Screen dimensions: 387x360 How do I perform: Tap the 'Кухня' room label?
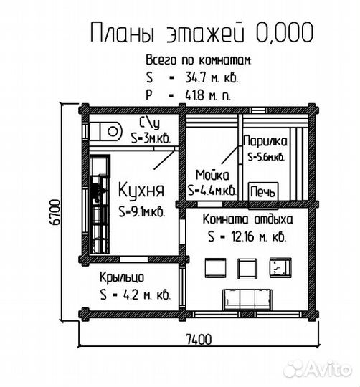point(141,190)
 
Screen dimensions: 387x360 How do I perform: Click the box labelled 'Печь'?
point(260,192)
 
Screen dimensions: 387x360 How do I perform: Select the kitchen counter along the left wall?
point(98,198)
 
